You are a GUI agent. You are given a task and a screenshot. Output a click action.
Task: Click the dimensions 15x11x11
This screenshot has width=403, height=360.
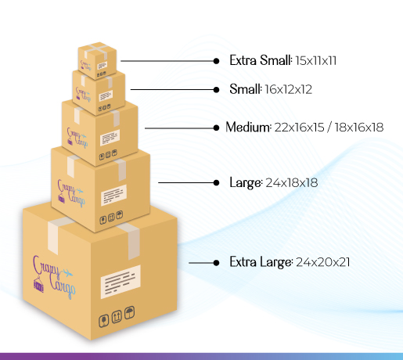point(316,60)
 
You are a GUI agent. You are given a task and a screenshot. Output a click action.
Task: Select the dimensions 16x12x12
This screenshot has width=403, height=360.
point(288,89)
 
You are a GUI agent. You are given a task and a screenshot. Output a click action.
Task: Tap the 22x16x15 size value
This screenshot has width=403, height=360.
point(300,128)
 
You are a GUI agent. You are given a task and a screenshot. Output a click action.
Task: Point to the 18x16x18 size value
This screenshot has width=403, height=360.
point(359,128)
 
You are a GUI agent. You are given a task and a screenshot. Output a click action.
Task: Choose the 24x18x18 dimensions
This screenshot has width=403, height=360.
point(292,182)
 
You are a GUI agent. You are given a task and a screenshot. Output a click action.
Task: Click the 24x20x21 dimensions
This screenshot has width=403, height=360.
point(323,262)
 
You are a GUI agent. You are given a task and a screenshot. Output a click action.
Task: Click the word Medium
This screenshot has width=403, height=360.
point(248,127)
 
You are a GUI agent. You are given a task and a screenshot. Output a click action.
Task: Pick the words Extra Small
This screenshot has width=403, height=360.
point(260,60)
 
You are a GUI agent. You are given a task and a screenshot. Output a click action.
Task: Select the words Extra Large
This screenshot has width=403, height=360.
point(261,262)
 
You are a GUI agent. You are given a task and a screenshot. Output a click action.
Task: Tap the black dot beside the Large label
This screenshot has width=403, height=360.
point(216,182)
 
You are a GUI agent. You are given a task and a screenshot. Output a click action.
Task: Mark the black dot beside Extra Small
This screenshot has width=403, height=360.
point(216,61)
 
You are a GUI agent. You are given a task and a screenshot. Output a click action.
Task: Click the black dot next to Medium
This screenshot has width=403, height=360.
point(216,128)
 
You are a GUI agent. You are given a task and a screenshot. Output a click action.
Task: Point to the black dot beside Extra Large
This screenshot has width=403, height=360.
point(216,263)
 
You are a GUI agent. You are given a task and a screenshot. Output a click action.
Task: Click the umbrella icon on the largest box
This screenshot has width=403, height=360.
point(129,312)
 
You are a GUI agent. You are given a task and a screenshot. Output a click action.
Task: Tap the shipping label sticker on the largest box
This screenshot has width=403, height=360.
point(121,282)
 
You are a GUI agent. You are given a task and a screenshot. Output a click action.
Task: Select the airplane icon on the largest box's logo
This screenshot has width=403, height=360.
point(67,273)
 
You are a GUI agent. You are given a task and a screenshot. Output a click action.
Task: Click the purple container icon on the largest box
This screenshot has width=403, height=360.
point(38,285)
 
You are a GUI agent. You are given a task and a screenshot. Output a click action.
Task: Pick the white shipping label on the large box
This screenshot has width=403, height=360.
point(113,195)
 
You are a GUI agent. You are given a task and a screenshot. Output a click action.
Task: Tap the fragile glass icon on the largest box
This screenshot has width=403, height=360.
point(103,321)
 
